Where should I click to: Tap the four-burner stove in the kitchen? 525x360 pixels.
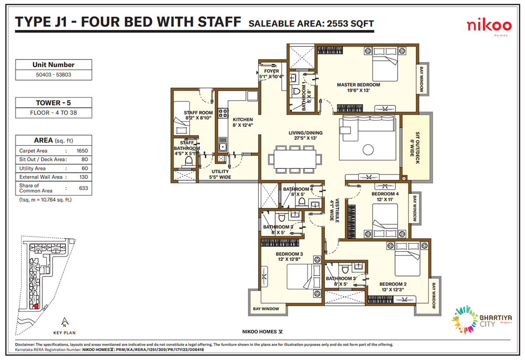pyautogui.click(x=223, y=114)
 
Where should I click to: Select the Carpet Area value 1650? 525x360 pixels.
pyautogui.click(x=82, y=151)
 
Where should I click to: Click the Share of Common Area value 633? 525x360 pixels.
pyautogui.click(x=84, y=188)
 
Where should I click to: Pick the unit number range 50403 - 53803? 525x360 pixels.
pyautogui.click(x=53, y=75)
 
